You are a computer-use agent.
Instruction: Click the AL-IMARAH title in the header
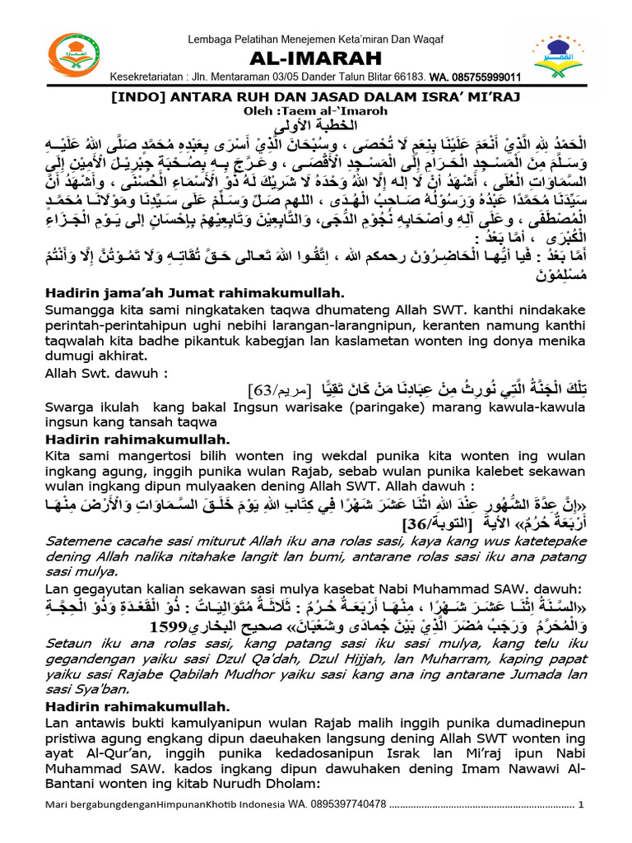pos(315,58)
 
